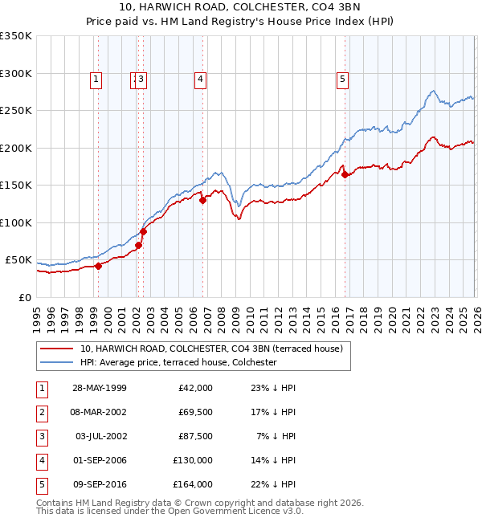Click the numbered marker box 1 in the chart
[96, 79]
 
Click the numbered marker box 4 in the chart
[199, 79]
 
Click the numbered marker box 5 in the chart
[342, 79]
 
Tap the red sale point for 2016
[345, 174]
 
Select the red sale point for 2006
[202, 201]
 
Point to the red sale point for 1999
[98, 266]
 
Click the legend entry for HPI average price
[178, 362]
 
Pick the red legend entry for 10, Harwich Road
[211, 349]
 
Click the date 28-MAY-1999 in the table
[99, 388]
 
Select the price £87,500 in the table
[195, 436]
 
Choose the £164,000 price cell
[193, 484]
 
